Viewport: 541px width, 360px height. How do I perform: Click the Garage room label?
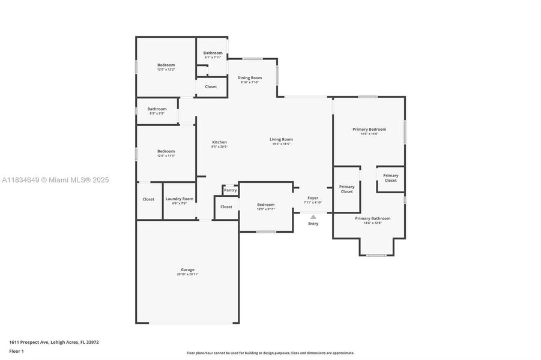(187, 269)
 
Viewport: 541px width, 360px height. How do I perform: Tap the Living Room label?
(281, 139)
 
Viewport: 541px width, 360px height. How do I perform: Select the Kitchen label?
(219, 142)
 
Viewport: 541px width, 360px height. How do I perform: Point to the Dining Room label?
(249, 77)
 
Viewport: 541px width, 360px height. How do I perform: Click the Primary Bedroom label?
(369, 129)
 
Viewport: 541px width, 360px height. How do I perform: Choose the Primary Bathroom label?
(372, 218)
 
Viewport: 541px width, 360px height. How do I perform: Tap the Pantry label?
(231, 190)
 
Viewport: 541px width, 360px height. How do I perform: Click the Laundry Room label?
(180, 199)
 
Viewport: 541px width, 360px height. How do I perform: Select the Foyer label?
(313, 197)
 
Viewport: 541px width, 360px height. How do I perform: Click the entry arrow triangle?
(313, 217)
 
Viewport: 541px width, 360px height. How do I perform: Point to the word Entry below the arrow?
(313, 224)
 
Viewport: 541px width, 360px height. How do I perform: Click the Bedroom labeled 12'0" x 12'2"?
(166, 65)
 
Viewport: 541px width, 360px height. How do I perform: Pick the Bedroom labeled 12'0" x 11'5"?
(166, 151)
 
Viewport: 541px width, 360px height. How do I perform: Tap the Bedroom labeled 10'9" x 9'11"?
(265, 205)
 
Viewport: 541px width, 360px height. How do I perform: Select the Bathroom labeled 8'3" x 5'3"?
(157, 109)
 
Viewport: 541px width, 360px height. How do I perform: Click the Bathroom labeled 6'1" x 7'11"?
(213, 53)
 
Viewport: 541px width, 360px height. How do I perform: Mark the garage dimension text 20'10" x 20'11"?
(187, 274)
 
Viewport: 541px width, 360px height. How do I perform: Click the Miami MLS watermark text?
(55, 180)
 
